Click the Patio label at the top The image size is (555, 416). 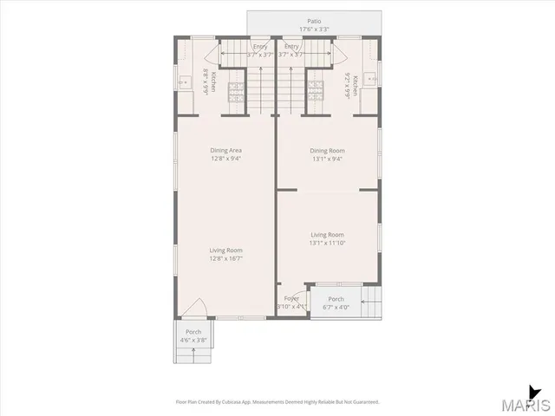pyautogui.click(x=313, y=20)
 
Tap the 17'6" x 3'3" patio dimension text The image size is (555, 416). pyautogui.click(x=313, y=29)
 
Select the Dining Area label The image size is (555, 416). pyautogui.click(x=225, y=150)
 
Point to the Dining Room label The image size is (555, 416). pyautogui.click(x=328, y=150)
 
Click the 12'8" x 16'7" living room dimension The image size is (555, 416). pyautogui.click(x=225, y=258)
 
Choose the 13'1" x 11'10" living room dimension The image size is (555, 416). pyautogui.click(x=328, y=244)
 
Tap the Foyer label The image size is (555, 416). pyautogui.click(x=291, y=298)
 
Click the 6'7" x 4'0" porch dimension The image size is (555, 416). pyautogui.click(x=336, y=307)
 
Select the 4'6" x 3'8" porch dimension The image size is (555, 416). pyautogui.click(x=193, y=340)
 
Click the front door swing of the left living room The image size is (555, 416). pyautogui.click(x=195, y=308)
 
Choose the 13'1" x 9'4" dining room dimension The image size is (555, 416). pyautogui.click(x=328, y=159)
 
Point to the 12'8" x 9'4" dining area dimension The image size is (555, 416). pyautogui.click(x=225, y=159)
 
